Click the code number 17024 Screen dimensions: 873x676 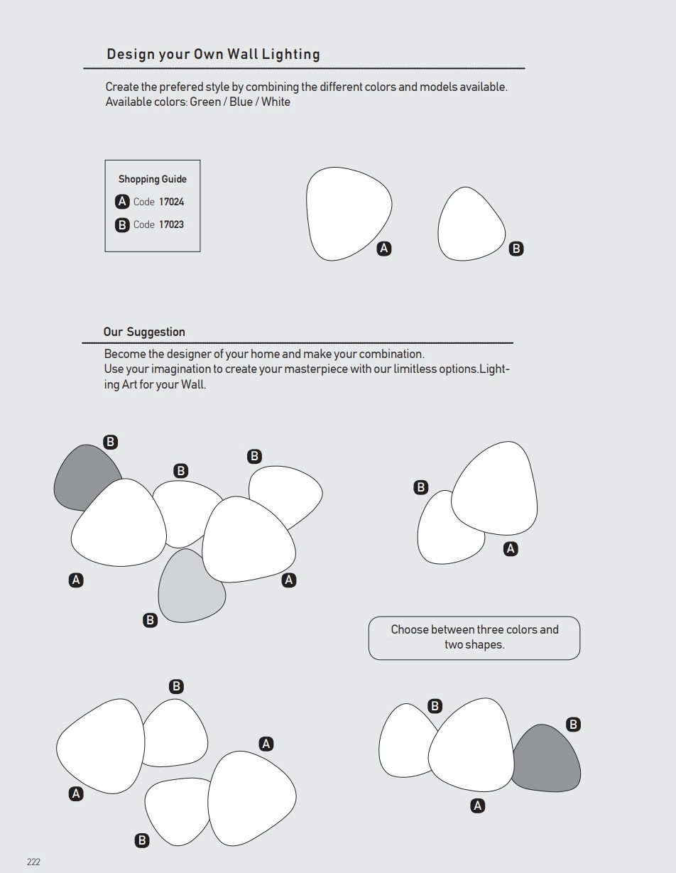coord(171,202)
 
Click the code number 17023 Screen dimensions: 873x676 coord(171,224)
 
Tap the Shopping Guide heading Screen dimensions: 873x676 coord(153,179)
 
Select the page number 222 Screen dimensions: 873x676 coord(33,862)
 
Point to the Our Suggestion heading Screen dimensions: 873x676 coord(144,332)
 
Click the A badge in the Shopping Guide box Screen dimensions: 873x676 coord(122,202)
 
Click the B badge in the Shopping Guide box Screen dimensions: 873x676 coord(122,225)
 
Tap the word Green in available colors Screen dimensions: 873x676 coord(205,102)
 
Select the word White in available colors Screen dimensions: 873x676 coord(276,102)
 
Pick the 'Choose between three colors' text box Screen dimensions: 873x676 coord(474,637)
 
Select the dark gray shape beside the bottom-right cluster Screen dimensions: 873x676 coord(549,760)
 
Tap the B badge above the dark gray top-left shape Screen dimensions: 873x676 coord(110,442)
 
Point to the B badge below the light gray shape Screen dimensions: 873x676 coord(150,620)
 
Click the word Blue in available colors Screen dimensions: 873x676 coord(241,102)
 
